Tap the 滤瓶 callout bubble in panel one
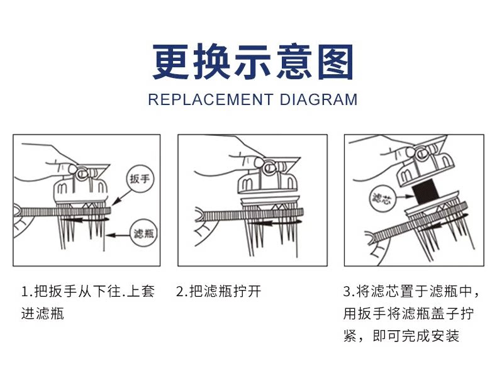[x=143, y=234]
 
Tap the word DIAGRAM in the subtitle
[x=318, y=99]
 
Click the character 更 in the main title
[x=171, y=63]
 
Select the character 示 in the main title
[x=252, y=63]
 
